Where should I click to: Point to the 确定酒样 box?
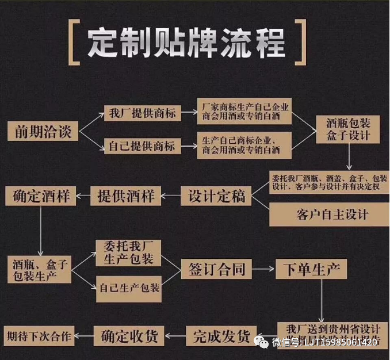[41, 196]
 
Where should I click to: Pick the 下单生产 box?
[313, 269]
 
